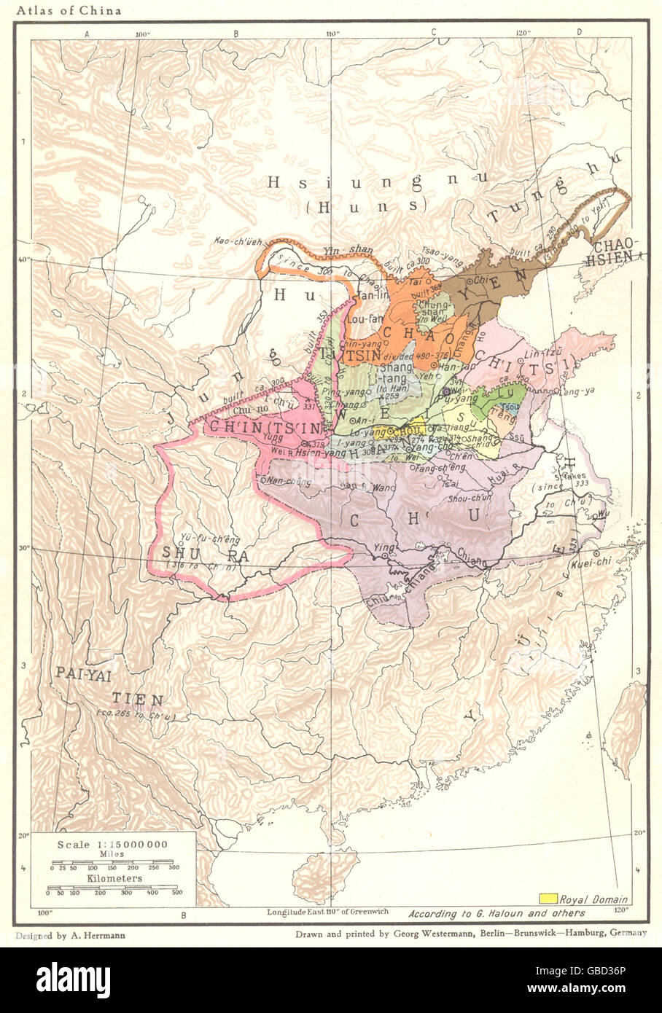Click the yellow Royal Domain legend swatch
coord(548,899)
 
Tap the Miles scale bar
coord(113,867)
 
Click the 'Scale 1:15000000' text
coord(113,844)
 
